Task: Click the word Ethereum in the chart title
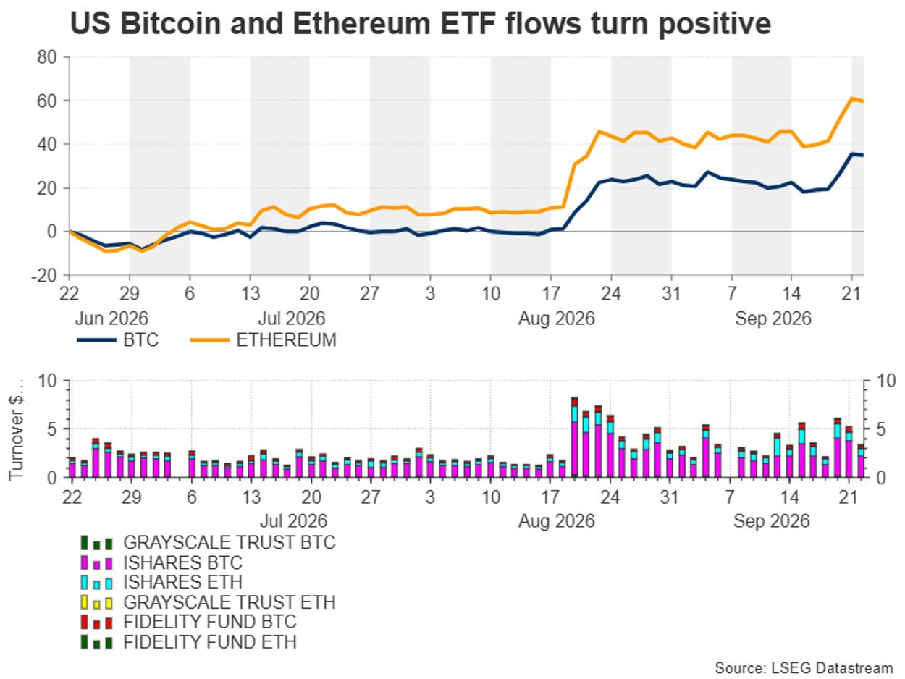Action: pos(361,23)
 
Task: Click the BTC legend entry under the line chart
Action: pos(118,340)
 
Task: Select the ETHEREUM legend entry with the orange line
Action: pos(263,340)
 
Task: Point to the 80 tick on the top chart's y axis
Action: pos(47,57)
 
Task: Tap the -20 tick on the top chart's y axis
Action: pos(43,275)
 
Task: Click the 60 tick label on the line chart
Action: pos(47,101)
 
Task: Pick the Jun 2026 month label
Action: pos(111,319)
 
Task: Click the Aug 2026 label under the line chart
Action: pos(557,319)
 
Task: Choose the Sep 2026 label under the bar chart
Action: pos(771,521)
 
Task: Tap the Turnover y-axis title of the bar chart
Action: pos(16,430)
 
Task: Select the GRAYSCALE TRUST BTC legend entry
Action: pos(209,542)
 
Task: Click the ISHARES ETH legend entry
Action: pos(161,582)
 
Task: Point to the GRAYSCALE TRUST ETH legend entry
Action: pos(209,602)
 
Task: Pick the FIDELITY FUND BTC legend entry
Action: pos(189,622)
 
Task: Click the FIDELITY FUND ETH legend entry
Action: pos(189,642)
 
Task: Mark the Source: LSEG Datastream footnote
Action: pos(804,668)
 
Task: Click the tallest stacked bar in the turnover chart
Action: pos(574,437)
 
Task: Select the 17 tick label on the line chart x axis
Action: pos(550,294)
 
